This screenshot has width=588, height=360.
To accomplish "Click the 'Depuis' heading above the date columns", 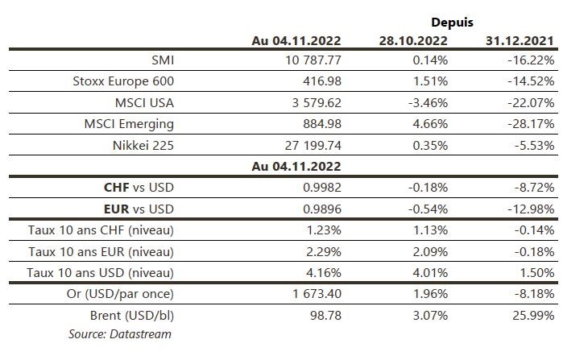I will tap(453, 23).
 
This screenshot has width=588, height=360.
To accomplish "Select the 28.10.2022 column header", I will tap(413, 40).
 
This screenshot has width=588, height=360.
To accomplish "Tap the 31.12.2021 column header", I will tap(520, 40).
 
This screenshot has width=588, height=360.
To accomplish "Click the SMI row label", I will tap(162, 60).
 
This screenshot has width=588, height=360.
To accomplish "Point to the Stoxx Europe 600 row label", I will tap(122, 81).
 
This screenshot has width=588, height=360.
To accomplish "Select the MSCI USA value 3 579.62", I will tap(309, 102).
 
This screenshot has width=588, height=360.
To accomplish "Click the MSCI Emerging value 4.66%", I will tap(431, 124).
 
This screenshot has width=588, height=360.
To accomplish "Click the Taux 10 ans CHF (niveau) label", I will tap(101, 230).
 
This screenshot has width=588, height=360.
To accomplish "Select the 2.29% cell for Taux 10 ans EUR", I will tap(325, 251).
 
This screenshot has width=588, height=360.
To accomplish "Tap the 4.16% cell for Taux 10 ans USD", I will tap(325, 272).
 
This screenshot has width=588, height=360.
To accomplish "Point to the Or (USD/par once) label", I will tap(121, 294).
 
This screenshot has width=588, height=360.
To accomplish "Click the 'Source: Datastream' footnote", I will tap(120, 333).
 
